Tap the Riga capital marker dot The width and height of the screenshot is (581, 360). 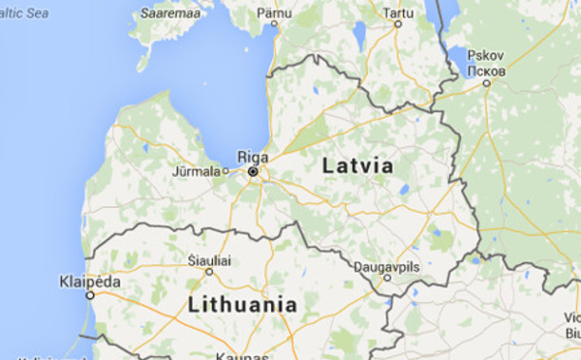pos(253,171)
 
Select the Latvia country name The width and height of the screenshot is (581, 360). pos(358,165)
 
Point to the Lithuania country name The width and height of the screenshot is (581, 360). pos(242,304)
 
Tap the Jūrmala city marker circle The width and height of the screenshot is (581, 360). pos(225,172)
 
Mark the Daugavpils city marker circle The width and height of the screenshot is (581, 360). pos(387,277)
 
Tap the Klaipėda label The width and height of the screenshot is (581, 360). pos(90,281)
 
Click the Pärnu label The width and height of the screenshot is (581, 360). pos(274,12)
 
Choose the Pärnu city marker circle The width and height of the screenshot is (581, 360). pos(274,24)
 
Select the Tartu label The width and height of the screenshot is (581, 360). pos(396,12)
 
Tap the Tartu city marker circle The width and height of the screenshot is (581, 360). pos(397,24)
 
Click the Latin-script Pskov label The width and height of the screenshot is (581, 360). pos(484,56)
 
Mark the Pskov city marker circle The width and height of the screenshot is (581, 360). pos(486,83)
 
